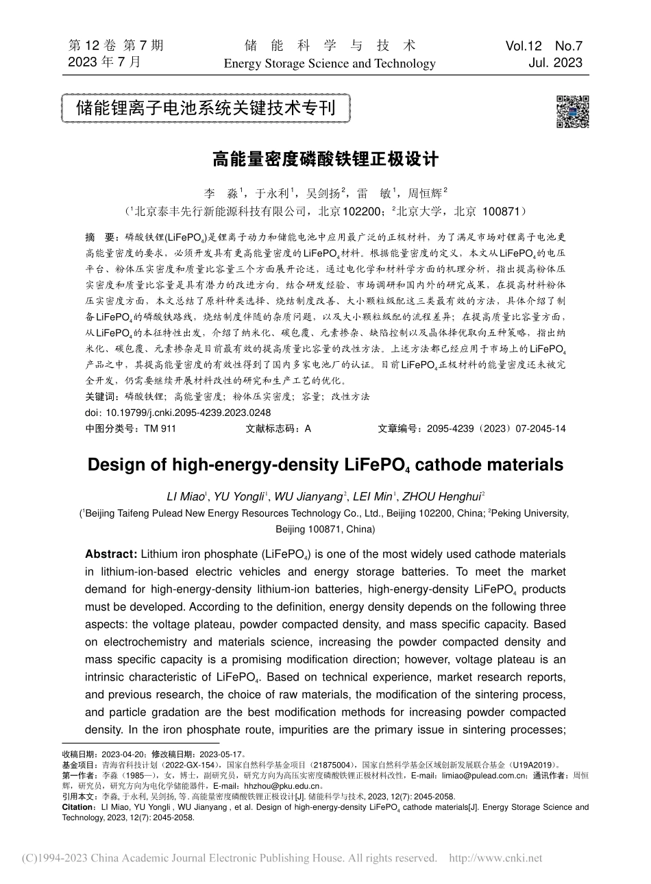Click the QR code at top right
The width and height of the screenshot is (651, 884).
(x=572, y=111)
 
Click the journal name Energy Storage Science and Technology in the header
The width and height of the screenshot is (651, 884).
(x=330, y=64)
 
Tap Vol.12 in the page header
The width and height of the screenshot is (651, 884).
(x=524, y=46)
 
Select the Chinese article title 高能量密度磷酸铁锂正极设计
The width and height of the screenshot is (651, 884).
(x=325, y=160)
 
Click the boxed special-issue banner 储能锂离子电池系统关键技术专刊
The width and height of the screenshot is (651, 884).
(x=206, y=108)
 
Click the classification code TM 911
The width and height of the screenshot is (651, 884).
(x=160, y=428)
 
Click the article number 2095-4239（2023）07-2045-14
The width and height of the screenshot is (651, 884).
(x=496, y=428)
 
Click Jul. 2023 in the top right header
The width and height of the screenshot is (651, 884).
(x=556, y=63)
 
